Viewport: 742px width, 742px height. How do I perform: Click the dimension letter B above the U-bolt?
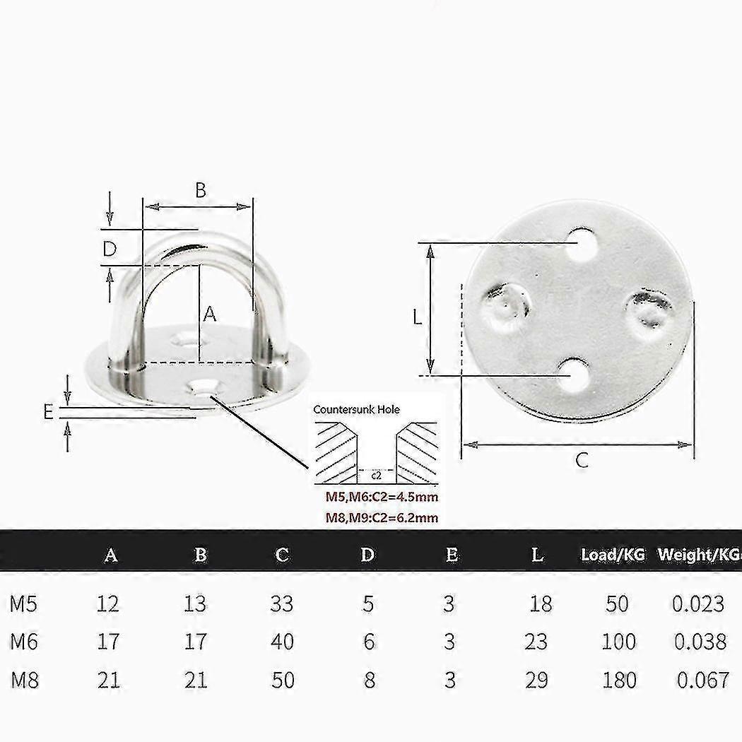[200, 189]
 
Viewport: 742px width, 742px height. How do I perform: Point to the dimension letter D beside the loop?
[109, 249]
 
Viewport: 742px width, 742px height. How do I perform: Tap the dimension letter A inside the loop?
[209, 314]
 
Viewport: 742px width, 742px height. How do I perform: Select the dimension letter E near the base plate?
[48, 411]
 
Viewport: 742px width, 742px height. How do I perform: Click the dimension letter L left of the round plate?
[417, 318]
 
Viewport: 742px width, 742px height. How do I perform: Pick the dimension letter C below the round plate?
[581, 461]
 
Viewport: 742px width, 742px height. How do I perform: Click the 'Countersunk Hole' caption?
[357, 409]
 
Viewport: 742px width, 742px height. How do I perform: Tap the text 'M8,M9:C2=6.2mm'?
[382, 518]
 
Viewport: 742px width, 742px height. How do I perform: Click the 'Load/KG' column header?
[613, 555]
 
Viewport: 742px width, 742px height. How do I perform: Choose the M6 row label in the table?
[25, 642]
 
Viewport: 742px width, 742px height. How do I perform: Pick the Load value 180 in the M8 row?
[619, 680]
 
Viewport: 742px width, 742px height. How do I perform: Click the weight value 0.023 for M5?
[697, 603]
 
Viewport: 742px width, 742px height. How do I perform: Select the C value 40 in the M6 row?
[282, 642]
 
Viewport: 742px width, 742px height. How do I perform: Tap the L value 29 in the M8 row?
[536, 680]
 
